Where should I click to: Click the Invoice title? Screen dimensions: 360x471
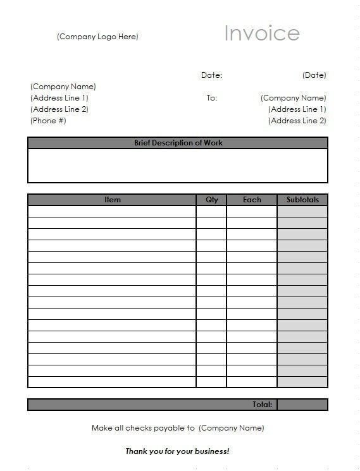point(261,33)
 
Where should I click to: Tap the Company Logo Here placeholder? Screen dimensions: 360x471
point(97,37)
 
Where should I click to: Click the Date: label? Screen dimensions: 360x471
point(211,75)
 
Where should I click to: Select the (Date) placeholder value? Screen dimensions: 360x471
point(314,75)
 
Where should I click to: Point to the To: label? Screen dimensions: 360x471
point(211,98)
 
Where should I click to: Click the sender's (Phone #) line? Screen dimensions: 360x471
point(48,121)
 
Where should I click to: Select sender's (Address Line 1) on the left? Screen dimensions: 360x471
point(59,98)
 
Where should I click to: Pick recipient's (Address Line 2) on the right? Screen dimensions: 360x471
point(297,121)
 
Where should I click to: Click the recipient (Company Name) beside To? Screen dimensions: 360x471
point(293,98)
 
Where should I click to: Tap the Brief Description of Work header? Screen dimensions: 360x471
point(178,143)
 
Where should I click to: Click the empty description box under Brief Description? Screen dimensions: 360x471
point(178,166)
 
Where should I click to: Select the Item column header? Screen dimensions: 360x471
point(112,200)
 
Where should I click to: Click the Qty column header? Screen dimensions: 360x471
point(211,200)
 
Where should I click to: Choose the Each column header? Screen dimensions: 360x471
point(252,200)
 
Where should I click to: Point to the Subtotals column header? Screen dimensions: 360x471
point(302,200)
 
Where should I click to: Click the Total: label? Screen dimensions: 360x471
point(262,405)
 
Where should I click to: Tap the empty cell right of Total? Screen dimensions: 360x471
point(302,405)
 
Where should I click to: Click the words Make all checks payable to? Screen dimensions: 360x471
point(143,428)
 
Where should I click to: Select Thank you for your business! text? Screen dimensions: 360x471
point(177,451)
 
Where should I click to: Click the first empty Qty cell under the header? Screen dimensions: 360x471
point(211,211)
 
